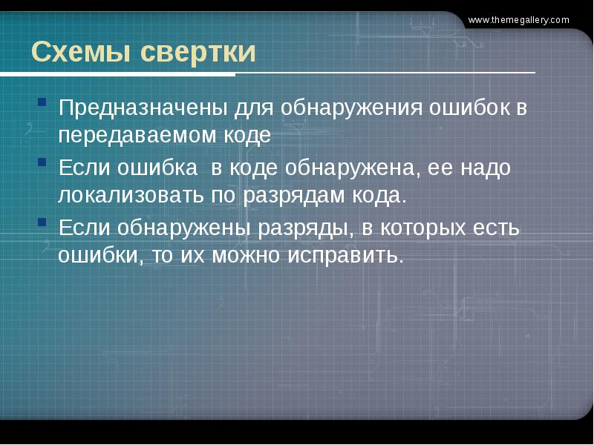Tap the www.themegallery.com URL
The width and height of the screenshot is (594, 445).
(518, 20)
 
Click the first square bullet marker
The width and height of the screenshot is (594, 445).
(42, 100)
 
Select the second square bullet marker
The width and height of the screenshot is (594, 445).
(42, 161)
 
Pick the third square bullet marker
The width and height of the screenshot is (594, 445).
(42, 221)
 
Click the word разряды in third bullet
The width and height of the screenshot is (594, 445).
(304, 228)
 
